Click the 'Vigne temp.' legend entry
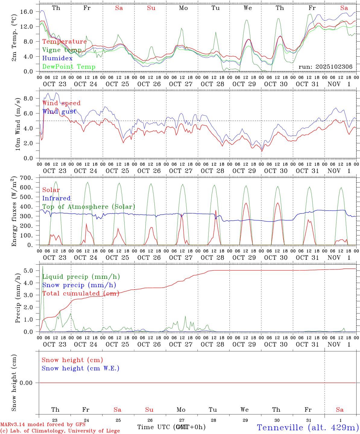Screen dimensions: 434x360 point(62,50)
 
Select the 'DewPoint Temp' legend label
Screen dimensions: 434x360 point(69,67)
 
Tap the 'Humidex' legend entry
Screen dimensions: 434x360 point(57,58)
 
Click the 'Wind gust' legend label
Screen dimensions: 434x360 point(59,112)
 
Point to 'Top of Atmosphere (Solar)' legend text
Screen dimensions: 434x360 point(89,207)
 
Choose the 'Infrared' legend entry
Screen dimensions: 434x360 point(56,198)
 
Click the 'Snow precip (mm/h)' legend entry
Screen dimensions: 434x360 point(79,285)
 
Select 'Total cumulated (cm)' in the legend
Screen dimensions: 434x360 point(81,294)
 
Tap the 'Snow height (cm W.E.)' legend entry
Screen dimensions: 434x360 point(81,368)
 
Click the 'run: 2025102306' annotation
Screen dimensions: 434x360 point(325,67)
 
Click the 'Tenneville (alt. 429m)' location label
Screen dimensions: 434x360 point(308,427)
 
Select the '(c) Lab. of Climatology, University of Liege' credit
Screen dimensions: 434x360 point(60,431)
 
